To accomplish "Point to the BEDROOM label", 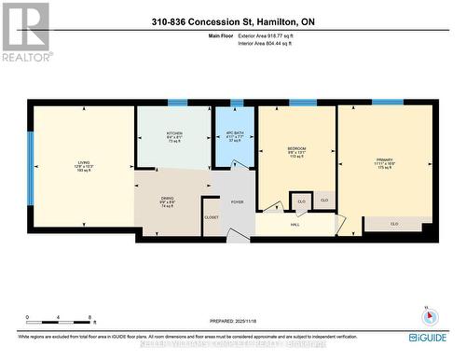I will pos(296,149).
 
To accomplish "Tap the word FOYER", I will pos(238,201).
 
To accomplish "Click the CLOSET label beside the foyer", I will pos(211,217).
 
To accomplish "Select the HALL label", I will pos(295,224).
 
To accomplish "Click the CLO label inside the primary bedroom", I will pos(395,224).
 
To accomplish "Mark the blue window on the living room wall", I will pos(30,165).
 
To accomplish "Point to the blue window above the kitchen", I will pos(176,103).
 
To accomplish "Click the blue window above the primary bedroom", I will pos(387,102).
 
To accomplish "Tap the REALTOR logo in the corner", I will pos(25,32).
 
